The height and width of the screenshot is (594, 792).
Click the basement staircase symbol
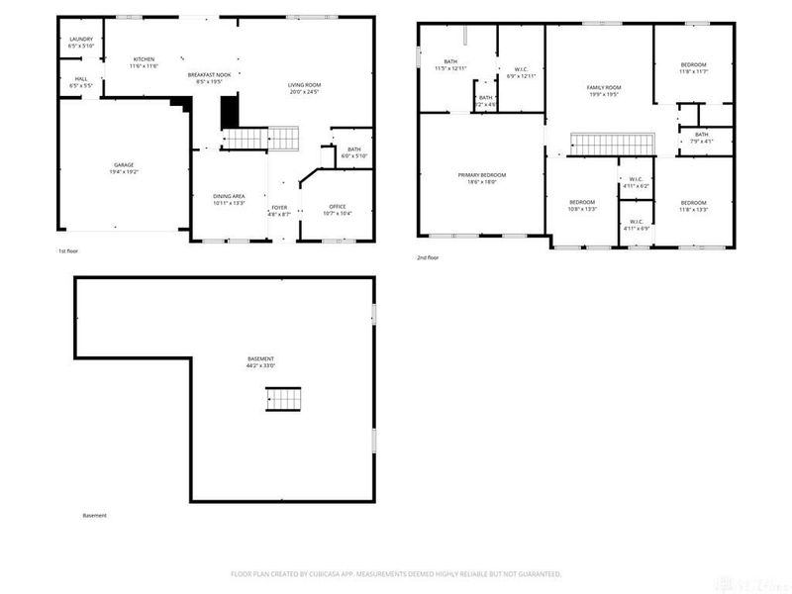[x=281, y=399]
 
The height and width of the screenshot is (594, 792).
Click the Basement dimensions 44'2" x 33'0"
[x=261, y=366]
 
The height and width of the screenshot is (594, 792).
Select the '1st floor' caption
[x=68, y=251]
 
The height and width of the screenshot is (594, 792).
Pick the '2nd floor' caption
[x=428, y=257]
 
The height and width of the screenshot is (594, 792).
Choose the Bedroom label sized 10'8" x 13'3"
[x=581, y=205]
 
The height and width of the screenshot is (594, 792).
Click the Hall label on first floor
[x=81, y=83]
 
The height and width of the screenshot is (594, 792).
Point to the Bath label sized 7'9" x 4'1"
[x=701, y=138]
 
